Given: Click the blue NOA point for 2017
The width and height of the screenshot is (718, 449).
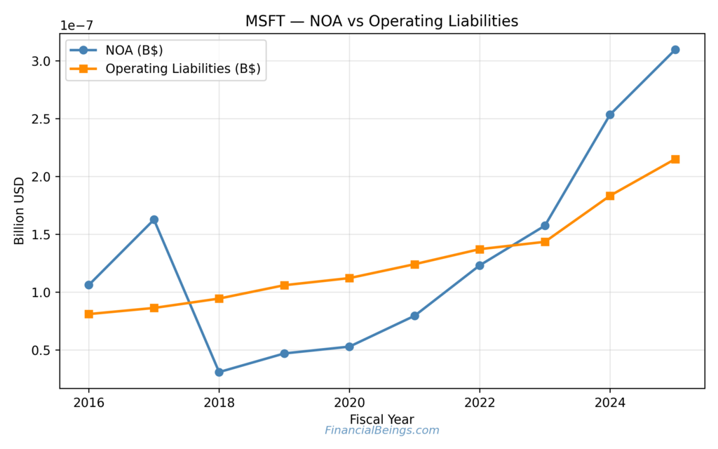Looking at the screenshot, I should click(154, 220).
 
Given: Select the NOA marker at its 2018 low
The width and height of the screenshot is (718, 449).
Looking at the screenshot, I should click(219, 372).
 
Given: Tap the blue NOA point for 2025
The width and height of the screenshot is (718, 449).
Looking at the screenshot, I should click(675, 50).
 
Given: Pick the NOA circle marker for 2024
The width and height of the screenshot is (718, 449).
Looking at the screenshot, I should click(610, 114).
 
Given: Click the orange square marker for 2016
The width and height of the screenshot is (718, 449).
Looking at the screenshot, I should click(89, 314).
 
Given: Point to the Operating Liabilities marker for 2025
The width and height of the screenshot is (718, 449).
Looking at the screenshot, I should click(675, 159).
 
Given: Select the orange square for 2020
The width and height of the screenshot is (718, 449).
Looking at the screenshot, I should click(349, 278).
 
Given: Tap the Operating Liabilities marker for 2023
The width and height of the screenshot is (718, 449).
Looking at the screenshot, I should click(545, 242).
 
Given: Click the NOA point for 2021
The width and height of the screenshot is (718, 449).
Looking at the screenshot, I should click(414, 316).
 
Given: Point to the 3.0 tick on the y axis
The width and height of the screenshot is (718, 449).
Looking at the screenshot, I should click(42, 61).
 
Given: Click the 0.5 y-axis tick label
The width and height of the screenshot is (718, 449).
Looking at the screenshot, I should click(42, 350).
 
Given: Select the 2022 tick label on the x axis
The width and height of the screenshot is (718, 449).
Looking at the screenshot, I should click(480, 403).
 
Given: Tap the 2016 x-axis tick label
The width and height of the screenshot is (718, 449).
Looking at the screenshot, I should click(89, 403).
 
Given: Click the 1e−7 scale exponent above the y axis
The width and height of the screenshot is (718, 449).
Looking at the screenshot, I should click(76, 25).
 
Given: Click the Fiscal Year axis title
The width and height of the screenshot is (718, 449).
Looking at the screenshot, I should click(381, 420).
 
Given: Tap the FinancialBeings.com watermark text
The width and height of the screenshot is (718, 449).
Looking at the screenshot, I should click(381, 431).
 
